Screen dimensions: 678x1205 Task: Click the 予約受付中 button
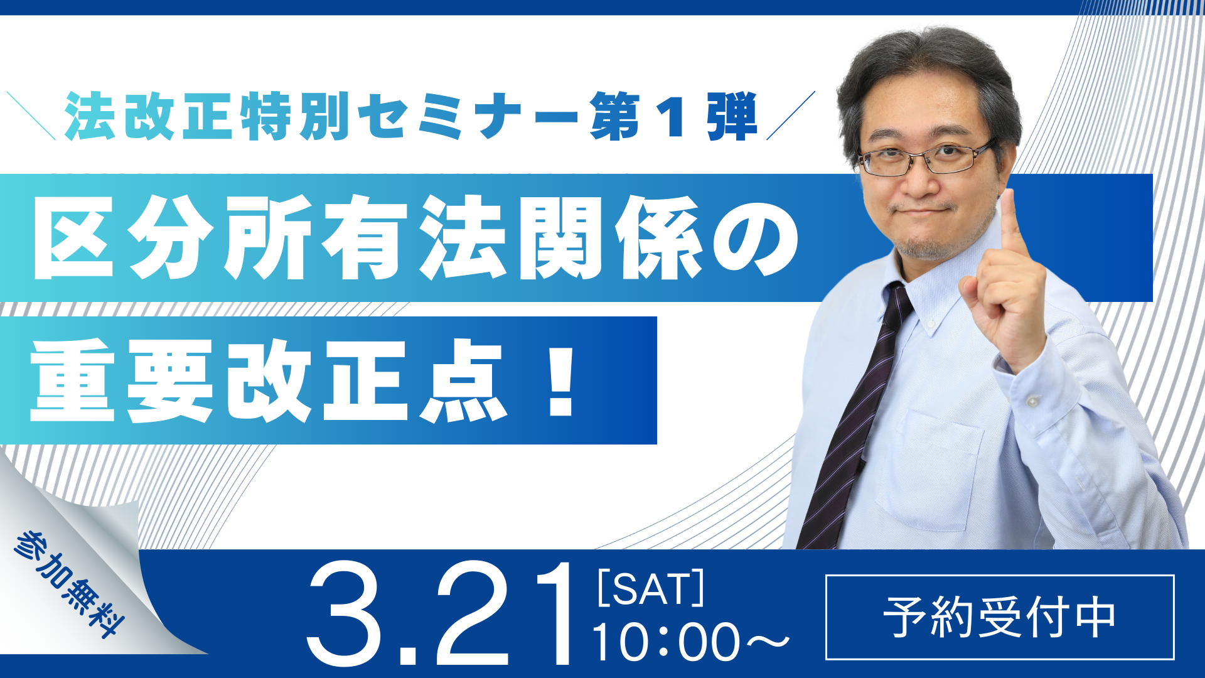pyautogui.click(x=999, y=617)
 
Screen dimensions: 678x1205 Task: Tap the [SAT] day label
pyautogui.click(x=651, y=588)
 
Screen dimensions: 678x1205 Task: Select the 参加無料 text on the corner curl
pyautogui.click(x=69, y=583)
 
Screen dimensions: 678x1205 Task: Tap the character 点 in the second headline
pyautogui.click(x=463, y=381)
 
